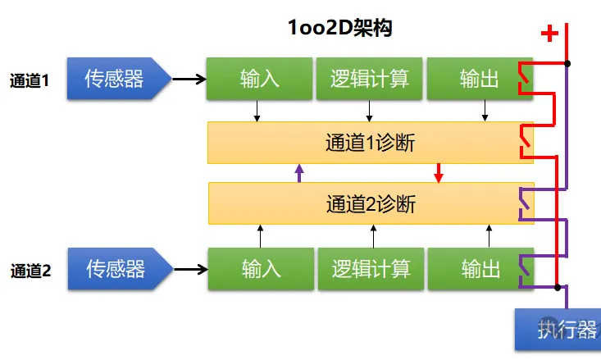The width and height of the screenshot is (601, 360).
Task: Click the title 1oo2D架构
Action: [339, 28]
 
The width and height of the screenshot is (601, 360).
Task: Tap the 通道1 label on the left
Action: [30, 80]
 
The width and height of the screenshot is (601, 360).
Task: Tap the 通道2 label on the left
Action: [30, 271]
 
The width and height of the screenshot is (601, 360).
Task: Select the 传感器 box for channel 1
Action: [119, 79]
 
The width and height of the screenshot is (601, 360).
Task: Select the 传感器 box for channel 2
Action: [121, 269]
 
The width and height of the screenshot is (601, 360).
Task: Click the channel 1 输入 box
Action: [259, 79]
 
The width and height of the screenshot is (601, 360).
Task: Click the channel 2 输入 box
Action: [261, 269]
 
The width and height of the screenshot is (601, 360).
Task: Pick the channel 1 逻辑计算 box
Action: [370, 79]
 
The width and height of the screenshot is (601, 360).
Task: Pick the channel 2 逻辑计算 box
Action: [371, 269]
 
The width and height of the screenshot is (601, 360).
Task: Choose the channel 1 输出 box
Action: [480, 79]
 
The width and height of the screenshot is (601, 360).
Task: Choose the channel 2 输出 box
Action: [481, 269]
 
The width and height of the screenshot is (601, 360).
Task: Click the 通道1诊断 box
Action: [371, 143]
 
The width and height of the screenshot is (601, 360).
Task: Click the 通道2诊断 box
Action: [371, 203]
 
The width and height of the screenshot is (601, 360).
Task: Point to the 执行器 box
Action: [558, 330]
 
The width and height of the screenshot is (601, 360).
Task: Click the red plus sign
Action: [549, 34]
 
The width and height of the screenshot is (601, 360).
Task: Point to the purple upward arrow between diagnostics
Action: [299, 173]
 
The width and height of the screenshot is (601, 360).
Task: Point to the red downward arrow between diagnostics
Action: [439, 173]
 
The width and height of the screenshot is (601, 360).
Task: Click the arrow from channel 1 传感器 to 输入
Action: [189, 80]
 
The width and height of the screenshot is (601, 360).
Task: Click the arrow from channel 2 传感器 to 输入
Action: [191, 270]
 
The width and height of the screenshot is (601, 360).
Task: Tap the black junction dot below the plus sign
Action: [567, 64]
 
